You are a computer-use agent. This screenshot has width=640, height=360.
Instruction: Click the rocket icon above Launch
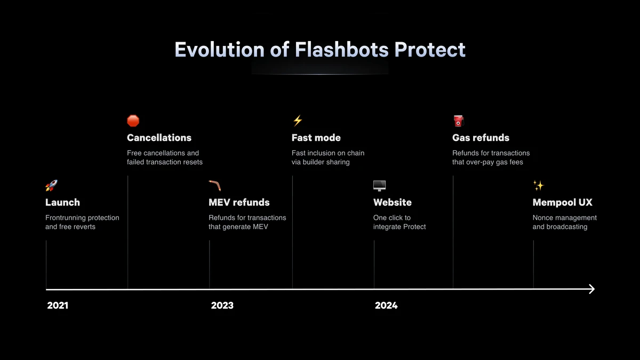point(51,186)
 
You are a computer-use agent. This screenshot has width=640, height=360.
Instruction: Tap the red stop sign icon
point(133,121)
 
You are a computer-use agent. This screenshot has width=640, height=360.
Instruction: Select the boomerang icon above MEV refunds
point(215,186)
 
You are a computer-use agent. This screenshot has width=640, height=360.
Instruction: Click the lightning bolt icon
point(298,121)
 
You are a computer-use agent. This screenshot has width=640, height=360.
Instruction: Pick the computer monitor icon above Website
point(379,186)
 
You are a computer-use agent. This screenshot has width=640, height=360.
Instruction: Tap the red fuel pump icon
point(459,121)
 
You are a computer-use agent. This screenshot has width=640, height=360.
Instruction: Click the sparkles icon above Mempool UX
point(539,186)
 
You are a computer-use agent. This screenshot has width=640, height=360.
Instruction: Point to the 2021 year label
point(58,306)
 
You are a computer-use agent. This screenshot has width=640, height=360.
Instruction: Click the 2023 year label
point(222,306)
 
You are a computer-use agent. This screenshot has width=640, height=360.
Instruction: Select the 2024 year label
point(386,306)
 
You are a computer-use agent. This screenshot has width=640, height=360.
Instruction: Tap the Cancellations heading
point(159,138)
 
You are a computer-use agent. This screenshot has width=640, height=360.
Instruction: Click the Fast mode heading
point(316,138)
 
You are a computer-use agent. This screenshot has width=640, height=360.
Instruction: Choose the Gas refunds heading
point(481,138)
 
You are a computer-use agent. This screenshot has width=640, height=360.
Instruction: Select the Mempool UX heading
point(563,202)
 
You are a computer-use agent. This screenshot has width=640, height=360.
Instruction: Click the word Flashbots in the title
point(342,50)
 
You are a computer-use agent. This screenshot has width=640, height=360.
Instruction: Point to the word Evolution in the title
point(220,50)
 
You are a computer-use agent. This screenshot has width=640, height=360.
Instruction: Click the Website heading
point(393,202)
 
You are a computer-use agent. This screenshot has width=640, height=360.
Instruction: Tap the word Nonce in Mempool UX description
point(542,218)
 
